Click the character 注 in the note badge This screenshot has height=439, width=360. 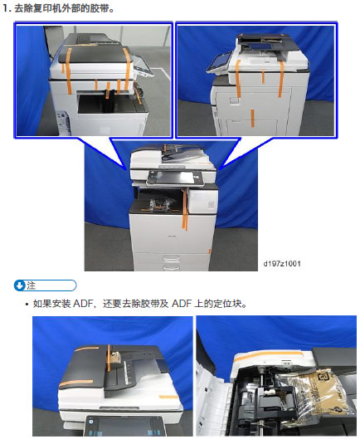click(32, 285)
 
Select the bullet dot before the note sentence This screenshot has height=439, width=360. click(26, 304)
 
